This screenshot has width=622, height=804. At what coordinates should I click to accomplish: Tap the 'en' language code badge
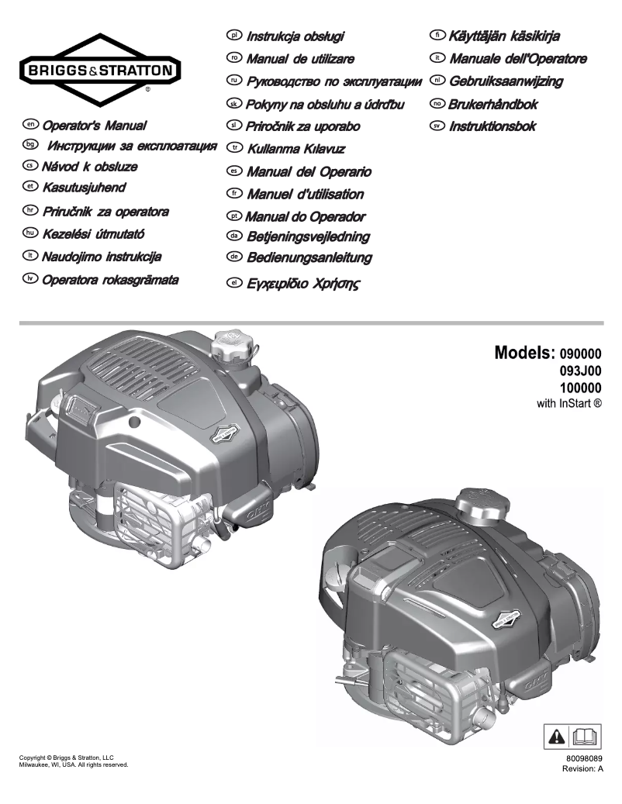pyautogui.click(x=31, y=124)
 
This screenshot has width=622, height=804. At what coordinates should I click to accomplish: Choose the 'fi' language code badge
pyautogui.click(x=437, y=36)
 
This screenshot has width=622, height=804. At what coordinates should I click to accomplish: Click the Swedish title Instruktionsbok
pyautogui.click(x=492, y=126)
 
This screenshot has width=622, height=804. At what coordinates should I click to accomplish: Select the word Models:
pyautogui.click(x=525, y=355)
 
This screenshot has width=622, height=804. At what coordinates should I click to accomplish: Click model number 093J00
pyautogui.click(x=580, y=371)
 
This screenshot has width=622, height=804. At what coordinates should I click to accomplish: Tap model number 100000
pyautogui.click(x=580, y=388)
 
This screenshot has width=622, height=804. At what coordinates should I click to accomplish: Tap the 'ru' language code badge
pyautogui.click(x=233, y=81)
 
